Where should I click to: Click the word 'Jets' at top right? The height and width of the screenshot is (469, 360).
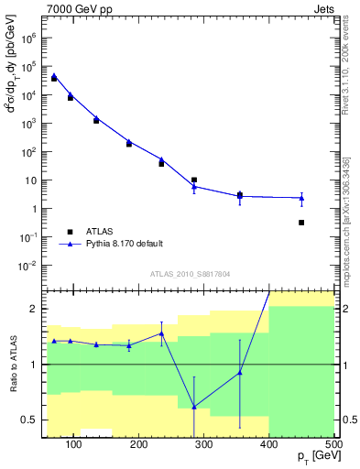pyautogui.click(x=324, y=8)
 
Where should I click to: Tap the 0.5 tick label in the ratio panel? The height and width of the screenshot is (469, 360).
pyautogui.click(x=28, y=420)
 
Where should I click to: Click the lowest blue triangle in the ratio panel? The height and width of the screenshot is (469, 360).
pyautogui.click(x=194, y=407)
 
